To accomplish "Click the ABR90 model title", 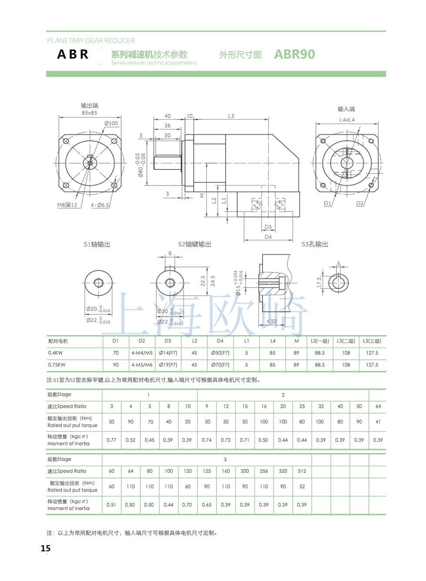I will tap(294, 54).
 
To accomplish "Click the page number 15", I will tap(46, 548).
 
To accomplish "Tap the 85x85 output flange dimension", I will tap(90, 113).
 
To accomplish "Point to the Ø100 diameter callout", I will tap(111, 123).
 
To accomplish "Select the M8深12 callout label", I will tap(67, 205).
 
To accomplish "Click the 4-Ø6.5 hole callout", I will tap(100, 205).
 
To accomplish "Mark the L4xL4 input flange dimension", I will tap(347, 120).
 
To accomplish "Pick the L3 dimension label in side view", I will tap(231, 116).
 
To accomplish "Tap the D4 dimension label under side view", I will tap(268, 237).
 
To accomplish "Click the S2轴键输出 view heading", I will tap(195, 244).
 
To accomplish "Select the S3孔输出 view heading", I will tap(315, 244).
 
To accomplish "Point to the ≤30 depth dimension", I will tap(271, 321).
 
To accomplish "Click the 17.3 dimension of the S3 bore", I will tap(319, 282).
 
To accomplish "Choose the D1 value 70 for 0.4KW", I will tap(116, 353).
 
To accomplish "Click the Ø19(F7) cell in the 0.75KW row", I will tap(168, 365).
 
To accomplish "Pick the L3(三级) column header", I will tap(372, 341).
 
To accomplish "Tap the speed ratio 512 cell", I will tap(302, 471).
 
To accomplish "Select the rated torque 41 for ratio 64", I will tap(378, 422).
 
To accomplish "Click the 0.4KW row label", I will tap(55, 353).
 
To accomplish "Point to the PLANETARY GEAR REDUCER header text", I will tap(91, 40).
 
